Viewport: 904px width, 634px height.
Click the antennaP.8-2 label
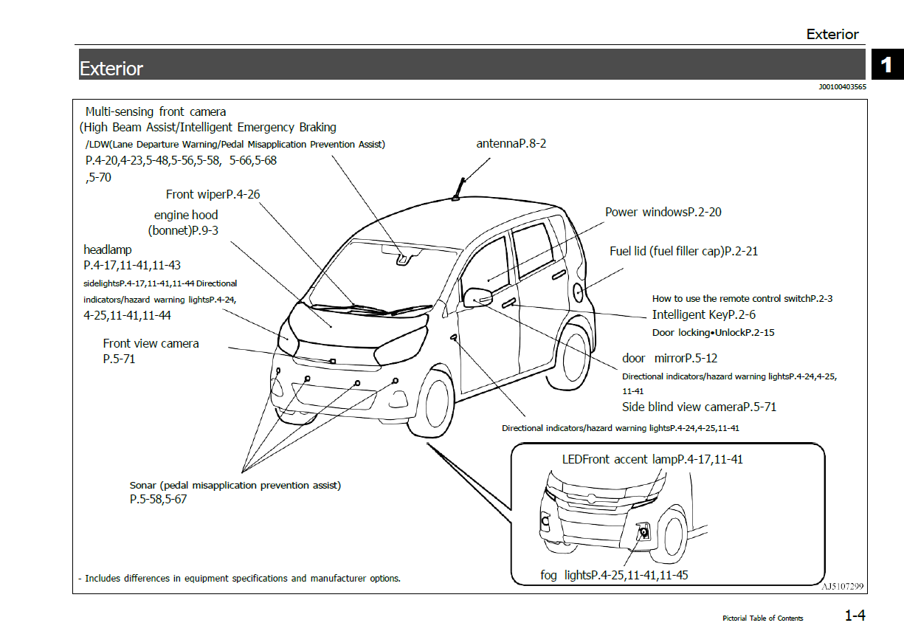pyautogui.click(x=511, y=143)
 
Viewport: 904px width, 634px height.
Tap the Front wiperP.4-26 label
pyautogui.click(x=213, y=194)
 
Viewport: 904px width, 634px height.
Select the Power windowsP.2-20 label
pyautogui.click(x=663, y=212)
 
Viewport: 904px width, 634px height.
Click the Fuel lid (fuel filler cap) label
pyautogui.click(x=683, y=251)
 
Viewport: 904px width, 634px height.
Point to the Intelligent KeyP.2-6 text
pyautogui.click(x=703, y=315)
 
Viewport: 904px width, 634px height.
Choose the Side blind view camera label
pyautogui.click(x=699, y=407)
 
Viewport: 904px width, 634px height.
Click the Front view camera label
pyautogui.click(x=151, y=343)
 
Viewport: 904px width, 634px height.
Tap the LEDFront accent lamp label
pyautogui.click(x=652, y=459)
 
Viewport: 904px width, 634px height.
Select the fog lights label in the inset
pyautogui.click(x=614, y=574)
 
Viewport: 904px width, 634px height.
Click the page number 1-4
pyautogui.click(x=855, y=616)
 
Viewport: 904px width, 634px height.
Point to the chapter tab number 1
pyautogui.click(x=886, y=65)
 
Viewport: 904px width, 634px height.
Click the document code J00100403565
pyautogui.click(x=842, y=87)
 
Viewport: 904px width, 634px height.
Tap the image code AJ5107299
pyautogui.click(x=843, y=586)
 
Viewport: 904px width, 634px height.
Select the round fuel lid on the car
pyautogui.click(x=578, y=292)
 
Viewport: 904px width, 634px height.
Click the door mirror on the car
pyautogui.click(x=477, y=297)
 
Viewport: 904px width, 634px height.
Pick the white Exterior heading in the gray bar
pyautogui.click(x=111, y=69)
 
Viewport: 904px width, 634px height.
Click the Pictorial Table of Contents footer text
pyautogui.click(x=762, y=618)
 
